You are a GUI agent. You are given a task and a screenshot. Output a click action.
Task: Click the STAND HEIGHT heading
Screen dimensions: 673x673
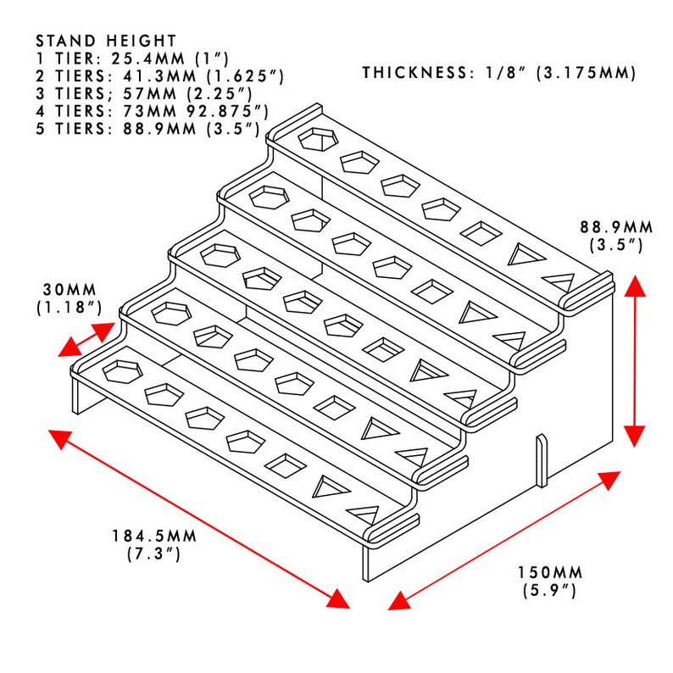[106, 42]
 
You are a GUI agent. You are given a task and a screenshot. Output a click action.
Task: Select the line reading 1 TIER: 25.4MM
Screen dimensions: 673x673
[132, 58]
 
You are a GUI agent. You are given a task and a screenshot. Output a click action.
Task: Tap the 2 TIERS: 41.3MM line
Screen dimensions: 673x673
[159, 76]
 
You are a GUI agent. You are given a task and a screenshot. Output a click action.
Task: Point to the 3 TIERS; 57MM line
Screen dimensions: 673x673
[144, 94]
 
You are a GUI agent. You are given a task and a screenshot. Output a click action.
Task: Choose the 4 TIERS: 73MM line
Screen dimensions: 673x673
[152, 112]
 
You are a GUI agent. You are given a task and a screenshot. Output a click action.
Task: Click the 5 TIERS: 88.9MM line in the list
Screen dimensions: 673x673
[148, 129]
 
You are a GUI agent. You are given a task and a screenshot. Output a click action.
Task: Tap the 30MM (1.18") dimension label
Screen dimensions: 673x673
[70, 298]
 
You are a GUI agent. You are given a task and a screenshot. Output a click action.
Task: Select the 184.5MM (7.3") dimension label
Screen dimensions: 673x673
[154, 545]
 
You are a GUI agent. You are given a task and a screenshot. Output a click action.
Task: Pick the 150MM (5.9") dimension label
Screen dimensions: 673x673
[550, 581]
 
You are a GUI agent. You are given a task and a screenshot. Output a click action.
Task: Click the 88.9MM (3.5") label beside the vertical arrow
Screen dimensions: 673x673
[616, 236]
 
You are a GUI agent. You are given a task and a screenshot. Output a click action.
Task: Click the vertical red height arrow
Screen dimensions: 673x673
[635, 361]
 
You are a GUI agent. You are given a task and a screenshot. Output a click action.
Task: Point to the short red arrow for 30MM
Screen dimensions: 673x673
[86, 340]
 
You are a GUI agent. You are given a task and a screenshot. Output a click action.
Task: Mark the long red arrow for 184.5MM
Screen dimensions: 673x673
[199, 519]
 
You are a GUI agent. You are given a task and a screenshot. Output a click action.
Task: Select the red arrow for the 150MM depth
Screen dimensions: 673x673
[503, 541]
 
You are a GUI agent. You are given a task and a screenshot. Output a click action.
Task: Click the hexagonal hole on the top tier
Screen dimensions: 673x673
[318, 139]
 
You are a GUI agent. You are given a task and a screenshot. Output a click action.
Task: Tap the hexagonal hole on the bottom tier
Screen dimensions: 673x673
[122, 371]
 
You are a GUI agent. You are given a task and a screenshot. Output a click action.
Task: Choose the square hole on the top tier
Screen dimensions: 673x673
[481, 233]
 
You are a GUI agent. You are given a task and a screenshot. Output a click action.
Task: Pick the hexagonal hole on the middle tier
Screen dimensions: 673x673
[220, 256]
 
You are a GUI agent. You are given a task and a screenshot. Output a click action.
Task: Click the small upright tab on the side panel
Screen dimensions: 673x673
[542, 461]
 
